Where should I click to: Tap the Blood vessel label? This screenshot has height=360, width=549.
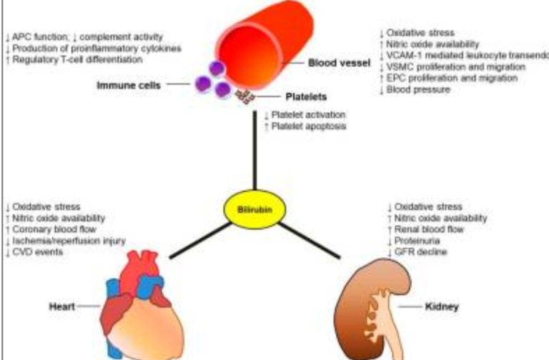click(x=339, y=64)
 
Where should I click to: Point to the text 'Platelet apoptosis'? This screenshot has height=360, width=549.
click(x=308, y=126)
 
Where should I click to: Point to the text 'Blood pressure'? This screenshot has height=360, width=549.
click(x=418, y=89)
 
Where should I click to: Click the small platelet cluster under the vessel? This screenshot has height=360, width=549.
click(x=245, y=95)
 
